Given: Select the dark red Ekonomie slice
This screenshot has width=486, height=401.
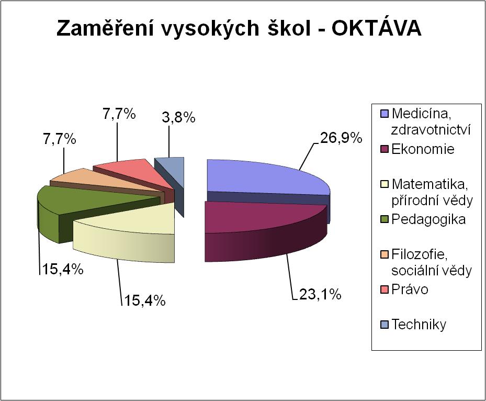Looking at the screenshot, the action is point(264,229).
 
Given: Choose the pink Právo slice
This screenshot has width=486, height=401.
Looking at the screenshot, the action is point(137,174).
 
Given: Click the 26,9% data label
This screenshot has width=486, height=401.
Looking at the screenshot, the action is point(341,138).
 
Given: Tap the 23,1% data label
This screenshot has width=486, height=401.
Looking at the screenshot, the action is point(320,294).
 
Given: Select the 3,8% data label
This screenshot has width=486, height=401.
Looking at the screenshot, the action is point(178,118).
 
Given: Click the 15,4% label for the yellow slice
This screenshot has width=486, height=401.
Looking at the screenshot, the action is point(144,300).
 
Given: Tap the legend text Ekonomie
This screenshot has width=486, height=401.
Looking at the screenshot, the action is point(423,149).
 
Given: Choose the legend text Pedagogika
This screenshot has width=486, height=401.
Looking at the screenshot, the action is point(428,219).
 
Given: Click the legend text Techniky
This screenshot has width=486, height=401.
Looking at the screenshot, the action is point(419,325).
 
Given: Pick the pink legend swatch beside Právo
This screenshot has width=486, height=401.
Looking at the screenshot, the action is point(385,290).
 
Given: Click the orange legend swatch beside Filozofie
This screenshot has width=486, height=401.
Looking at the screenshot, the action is point(385,255).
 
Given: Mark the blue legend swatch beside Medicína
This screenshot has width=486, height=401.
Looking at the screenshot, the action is point(385,114).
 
